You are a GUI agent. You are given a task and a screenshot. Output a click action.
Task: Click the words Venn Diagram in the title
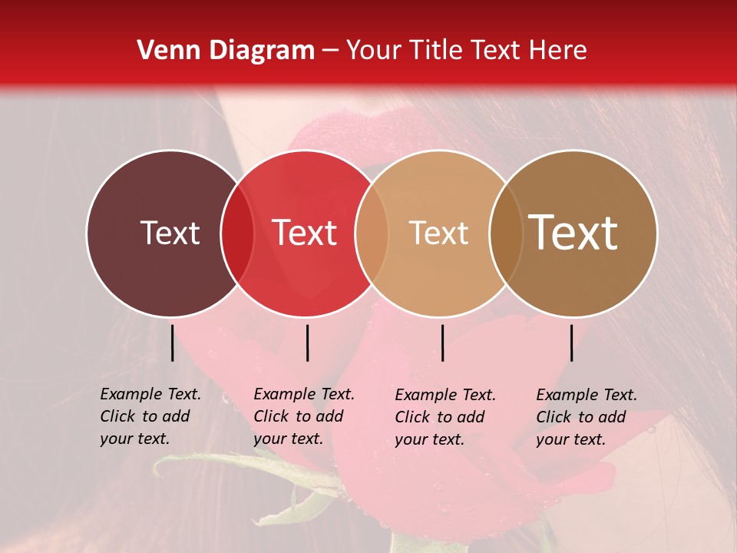(225, 51)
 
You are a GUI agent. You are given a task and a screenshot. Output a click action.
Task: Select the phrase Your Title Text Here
(466, 51)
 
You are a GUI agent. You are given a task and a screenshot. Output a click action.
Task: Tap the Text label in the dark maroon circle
(170, 233)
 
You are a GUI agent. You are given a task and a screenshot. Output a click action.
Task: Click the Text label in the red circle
(305, 233)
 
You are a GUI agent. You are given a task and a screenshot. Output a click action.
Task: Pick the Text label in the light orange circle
(438, 233)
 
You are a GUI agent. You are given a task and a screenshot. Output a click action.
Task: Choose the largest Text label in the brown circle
(573, 232)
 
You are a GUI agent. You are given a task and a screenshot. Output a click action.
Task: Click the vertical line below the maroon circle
(172, 343)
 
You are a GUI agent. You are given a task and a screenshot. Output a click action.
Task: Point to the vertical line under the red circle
(307, 343)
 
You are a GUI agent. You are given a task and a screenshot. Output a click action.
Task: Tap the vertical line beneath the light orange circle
(442, 343)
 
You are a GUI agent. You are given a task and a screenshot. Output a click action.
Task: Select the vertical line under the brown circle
(572, 343)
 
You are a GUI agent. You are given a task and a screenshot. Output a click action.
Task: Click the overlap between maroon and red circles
(237, 233)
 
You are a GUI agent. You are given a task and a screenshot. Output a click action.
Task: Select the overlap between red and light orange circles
(372, 233)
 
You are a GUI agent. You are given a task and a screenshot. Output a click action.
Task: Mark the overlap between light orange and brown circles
(504, 233)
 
